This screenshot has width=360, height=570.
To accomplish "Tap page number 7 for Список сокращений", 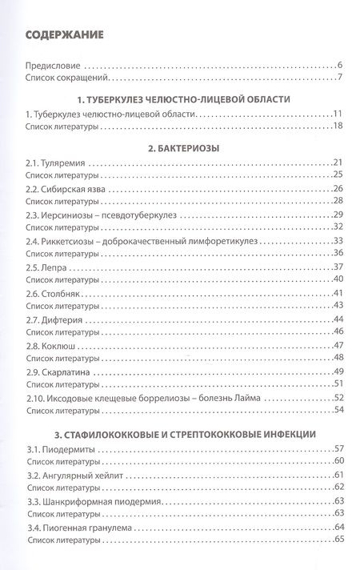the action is pos(340,78).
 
